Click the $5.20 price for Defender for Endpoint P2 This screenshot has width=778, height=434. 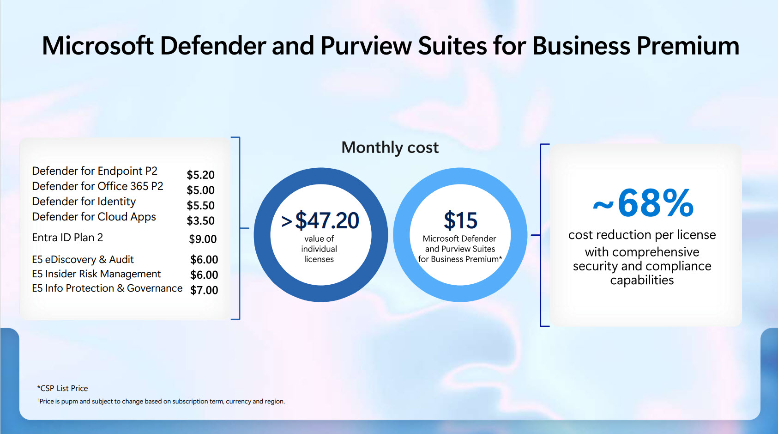click(x=200, y=175)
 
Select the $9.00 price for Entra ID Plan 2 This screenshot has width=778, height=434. click(x=203, y=239)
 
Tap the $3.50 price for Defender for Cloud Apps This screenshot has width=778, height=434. click(x=200, y=220)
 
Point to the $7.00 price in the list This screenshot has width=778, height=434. click(x=204, y=290)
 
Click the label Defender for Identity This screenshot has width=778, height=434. click(x=84, y=202)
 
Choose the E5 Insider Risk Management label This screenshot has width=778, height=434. click(x=96, y=274)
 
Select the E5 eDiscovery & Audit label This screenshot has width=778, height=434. click(x=83, y=259)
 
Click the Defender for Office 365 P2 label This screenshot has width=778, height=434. click(x=97, y=186)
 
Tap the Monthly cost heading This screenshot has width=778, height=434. click(x=390, y=147)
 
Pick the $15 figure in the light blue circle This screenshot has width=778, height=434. click(x=460, y=220)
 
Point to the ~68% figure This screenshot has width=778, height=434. click(x=643, y=203)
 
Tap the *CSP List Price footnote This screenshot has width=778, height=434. click(x=62, y=388)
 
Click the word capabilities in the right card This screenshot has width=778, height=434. click(x=642, y=280)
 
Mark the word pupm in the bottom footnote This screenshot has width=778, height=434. click(x=69, y=401)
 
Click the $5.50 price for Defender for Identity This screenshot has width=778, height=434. click(x=200, y=205)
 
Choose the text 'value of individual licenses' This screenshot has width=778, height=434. click(x=319, y=249)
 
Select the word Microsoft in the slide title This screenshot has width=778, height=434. click(x=97, y=46)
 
